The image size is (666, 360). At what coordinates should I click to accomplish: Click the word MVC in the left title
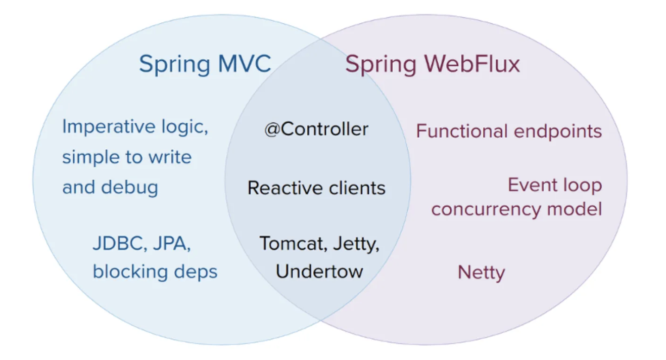point(245,63)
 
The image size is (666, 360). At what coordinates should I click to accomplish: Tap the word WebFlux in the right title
point(472,63)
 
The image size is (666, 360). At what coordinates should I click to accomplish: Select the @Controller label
point(316,129)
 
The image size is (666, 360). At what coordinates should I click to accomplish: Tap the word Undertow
point(319,272)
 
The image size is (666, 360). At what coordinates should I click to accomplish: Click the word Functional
point(462,131)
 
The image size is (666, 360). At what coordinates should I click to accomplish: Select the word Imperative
point(109,127)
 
